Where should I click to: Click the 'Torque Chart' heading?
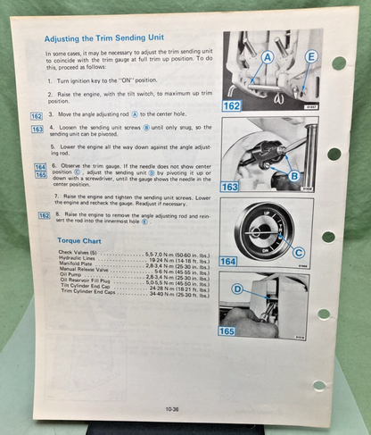coord(78,240)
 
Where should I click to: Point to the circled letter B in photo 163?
coord(294,176)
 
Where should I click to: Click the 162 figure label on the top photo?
coord(234,105)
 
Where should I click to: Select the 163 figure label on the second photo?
coord(231,187)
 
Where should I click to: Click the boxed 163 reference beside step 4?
coord(37,130)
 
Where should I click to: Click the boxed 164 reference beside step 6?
coord(40,167)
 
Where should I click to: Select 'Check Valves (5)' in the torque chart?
coord(78,254)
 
